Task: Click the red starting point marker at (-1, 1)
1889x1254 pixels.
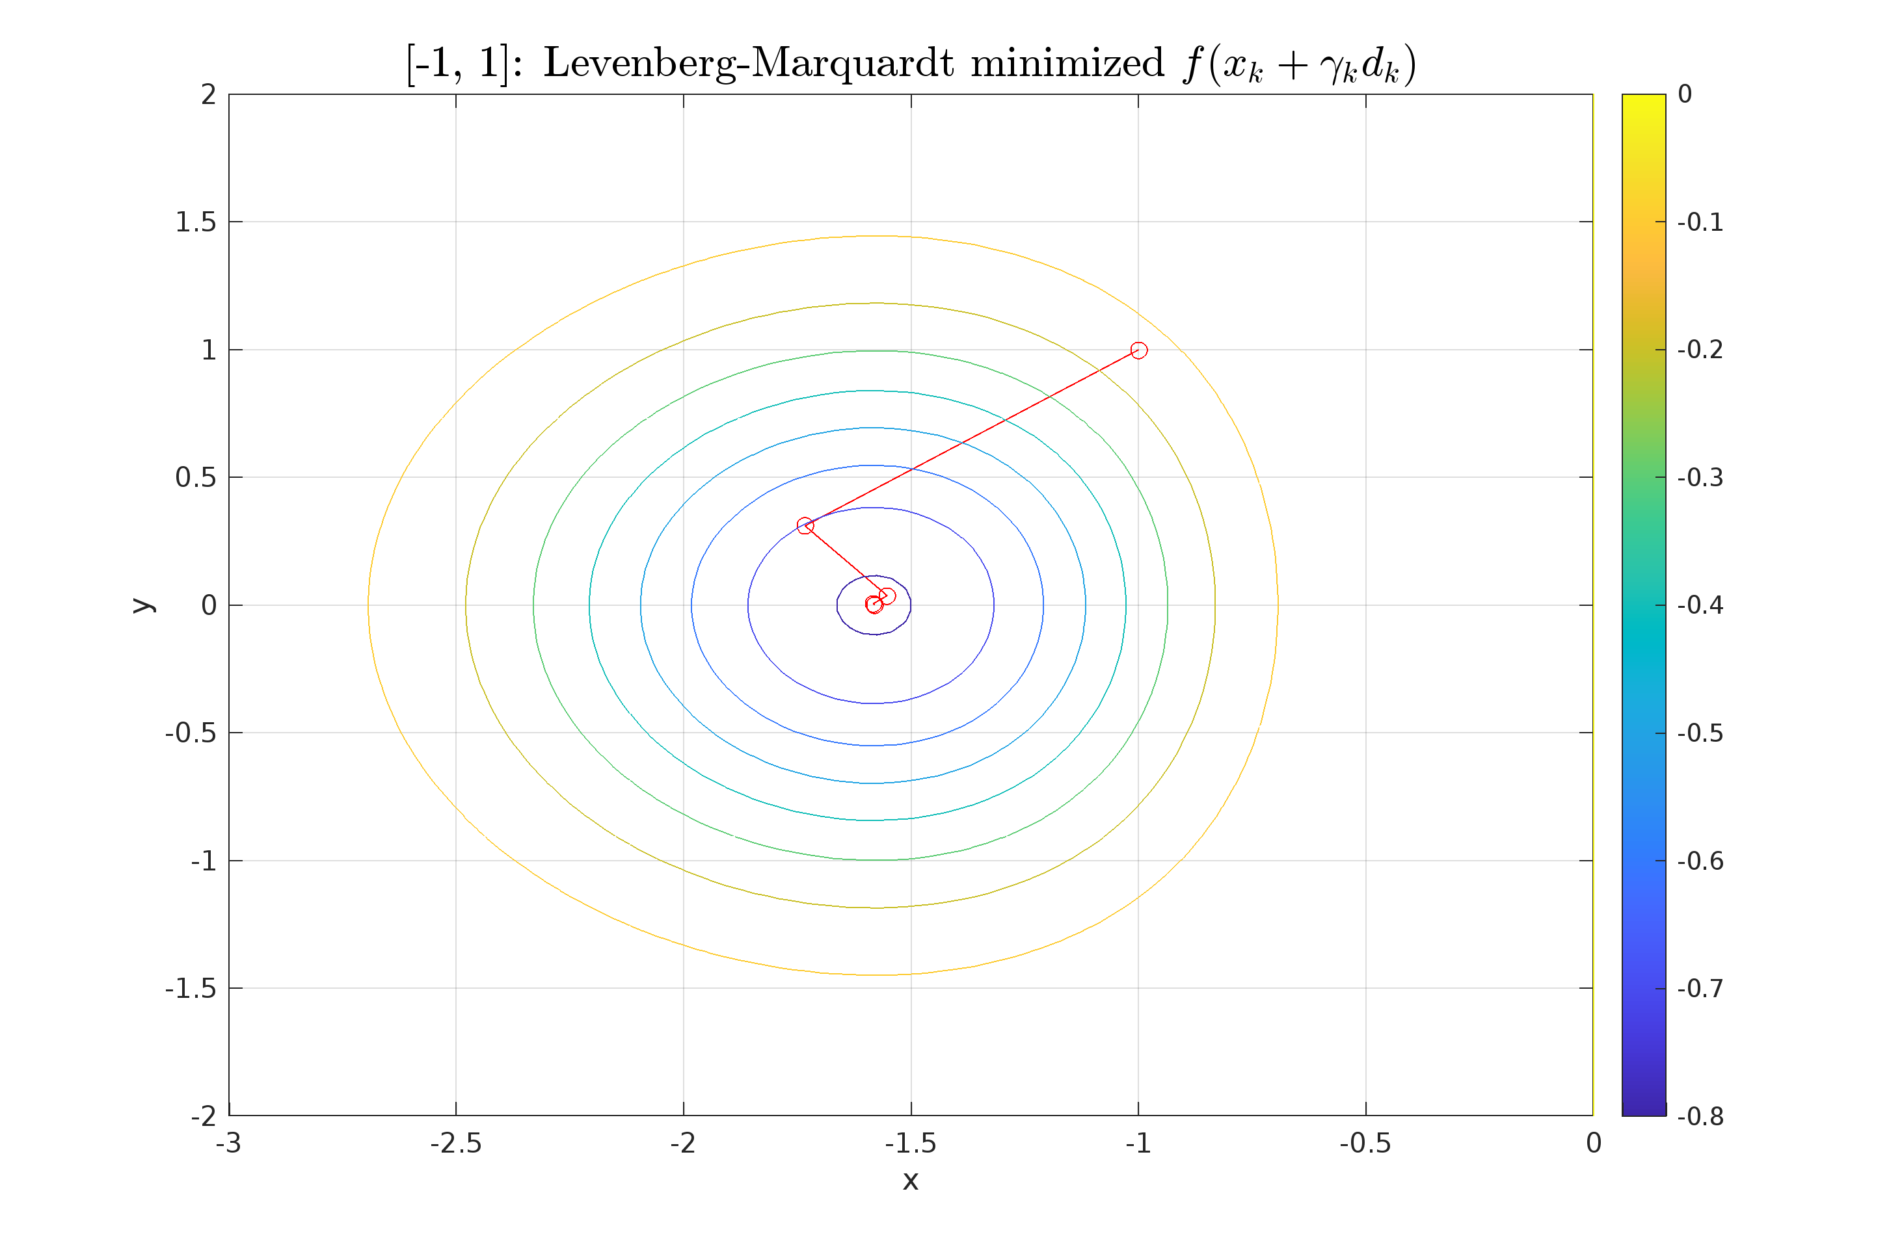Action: [x=1138, y=350]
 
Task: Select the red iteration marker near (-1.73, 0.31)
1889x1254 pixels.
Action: [x=805, y=525]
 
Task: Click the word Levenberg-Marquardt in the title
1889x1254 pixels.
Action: [x=748, y=63]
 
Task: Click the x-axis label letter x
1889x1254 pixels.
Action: [x=911, y=1181]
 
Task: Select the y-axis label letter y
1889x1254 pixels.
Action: [x=142, y=605]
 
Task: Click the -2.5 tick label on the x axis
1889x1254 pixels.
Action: [x=455, y=1143]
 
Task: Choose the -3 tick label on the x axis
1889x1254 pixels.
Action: [x=229, y=1143]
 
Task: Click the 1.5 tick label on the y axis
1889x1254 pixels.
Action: [x=195, y=222]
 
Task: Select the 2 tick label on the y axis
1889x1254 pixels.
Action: [x=209, y=95]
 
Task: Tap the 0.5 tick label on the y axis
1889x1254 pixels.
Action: [x=195, y=477]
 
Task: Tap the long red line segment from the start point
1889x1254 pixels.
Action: [x=972, y=438]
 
